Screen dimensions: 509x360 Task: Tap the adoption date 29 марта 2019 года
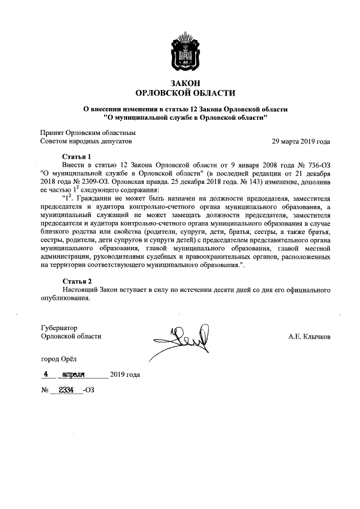[x=301, y=141]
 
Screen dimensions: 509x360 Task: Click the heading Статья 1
[x=76, y=155]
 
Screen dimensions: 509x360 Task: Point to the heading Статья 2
[x=76, y=281]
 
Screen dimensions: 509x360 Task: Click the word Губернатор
[x=58, y=327]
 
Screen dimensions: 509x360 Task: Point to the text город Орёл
[x=58, y=358]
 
